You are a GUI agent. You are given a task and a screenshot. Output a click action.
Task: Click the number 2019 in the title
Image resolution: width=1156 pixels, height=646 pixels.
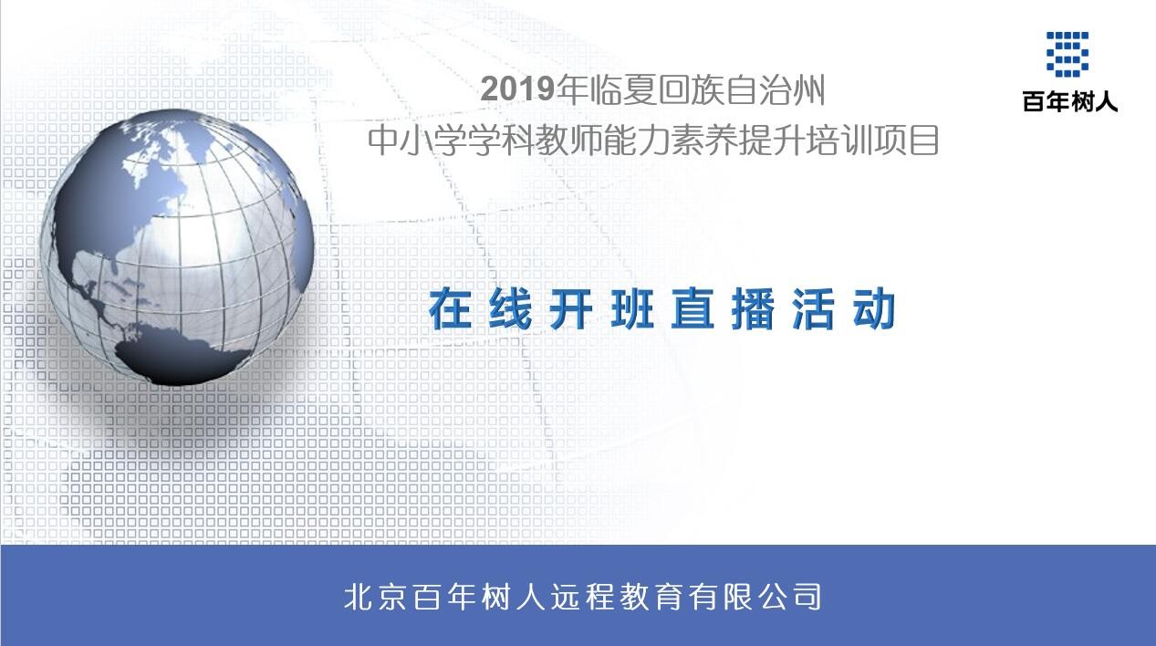click(x=516, y=89)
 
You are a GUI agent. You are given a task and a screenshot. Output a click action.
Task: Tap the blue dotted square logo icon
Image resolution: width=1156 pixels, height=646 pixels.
click(x=1067, y=54)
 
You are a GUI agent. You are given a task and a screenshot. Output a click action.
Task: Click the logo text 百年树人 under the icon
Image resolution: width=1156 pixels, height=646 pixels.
click(x=1070, y=101)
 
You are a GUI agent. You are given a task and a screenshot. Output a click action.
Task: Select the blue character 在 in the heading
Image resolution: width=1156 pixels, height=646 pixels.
click(x=450, y=309)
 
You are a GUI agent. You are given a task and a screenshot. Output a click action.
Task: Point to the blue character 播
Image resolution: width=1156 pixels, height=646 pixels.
click(x=753, y=309)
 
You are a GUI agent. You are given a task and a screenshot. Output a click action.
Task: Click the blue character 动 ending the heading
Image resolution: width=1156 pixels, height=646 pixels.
click(x=874, y=309)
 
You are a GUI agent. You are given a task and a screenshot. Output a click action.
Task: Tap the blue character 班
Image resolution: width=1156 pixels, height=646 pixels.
click(x=631, y=309)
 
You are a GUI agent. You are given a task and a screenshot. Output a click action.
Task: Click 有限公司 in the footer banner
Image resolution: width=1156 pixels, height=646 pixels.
click(x=755, y=597)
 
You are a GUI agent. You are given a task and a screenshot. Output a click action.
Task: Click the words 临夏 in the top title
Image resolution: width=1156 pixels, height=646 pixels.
click(x=624, y=89)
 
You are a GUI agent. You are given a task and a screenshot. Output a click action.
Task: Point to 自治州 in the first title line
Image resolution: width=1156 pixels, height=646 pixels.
click(x=775, y=89)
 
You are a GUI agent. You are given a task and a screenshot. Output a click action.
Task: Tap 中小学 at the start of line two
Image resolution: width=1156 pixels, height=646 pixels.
click(x=418, y=141)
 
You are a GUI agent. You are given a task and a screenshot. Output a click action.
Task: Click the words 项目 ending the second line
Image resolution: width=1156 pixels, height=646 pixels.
click(x=906, y=141)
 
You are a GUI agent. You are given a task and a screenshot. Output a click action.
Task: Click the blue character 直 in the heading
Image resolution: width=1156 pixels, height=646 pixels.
click(x=693, y=309)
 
